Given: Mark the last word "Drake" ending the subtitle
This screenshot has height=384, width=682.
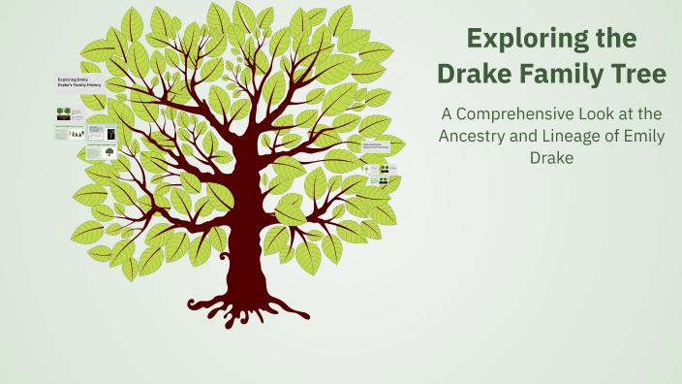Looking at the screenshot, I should pos(551,158).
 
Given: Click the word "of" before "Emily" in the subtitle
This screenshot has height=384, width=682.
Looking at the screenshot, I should pos(615,136).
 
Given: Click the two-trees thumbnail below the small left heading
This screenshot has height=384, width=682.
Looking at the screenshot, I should pos(63,113).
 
